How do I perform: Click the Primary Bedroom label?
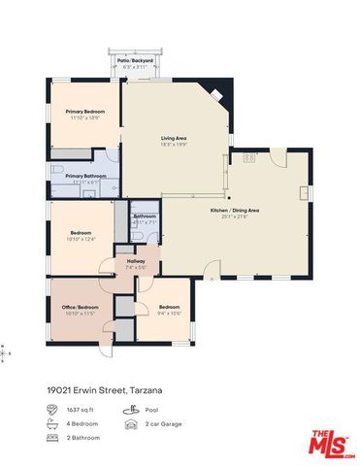[x=84, y=113]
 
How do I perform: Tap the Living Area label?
[x=174, y=138]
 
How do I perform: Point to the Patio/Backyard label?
[x=136, y=60]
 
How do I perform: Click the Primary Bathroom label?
[x=83, y=176]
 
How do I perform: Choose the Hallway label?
[x=135, y=260]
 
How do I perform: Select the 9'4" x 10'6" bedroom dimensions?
[x=170, y=313]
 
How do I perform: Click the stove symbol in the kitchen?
[x=248, y=157]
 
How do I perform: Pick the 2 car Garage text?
[x=162, y=424]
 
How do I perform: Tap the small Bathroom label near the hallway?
[x=145, y=216]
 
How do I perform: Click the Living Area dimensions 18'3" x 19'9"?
[x=174, y=145]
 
